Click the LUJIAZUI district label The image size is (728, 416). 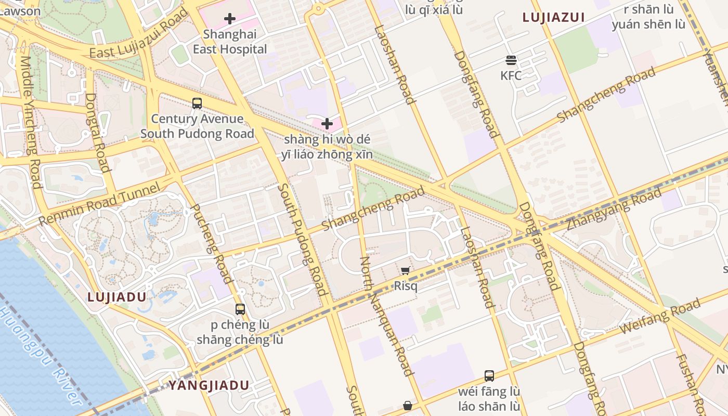(x=554, y=17)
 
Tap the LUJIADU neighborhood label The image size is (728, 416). (x=116, y=297)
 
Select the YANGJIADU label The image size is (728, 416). (x=209, y=385)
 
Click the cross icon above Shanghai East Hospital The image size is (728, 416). (x=230, y=19)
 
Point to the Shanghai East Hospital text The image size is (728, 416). (x=230, y=42)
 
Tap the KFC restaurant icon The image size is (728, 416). (x=511, y=60)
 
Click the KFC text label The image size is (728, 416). (x=511, y=76)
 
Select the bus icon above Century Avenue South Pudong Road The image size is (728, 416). (x=197, y=103)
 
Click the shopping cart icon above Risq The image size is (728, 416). (x=406, y=270)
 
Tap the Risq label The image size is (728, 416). (x=406, y=286)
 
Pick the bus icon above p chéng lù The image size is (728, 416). (x=240, y=309)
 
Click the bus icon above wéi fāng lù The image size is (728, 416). (x=489, y=375)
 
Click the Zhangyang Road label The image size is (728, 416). (x=614, y=209)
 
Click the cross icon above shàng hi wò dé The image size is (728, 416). (x=327, y=124)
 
